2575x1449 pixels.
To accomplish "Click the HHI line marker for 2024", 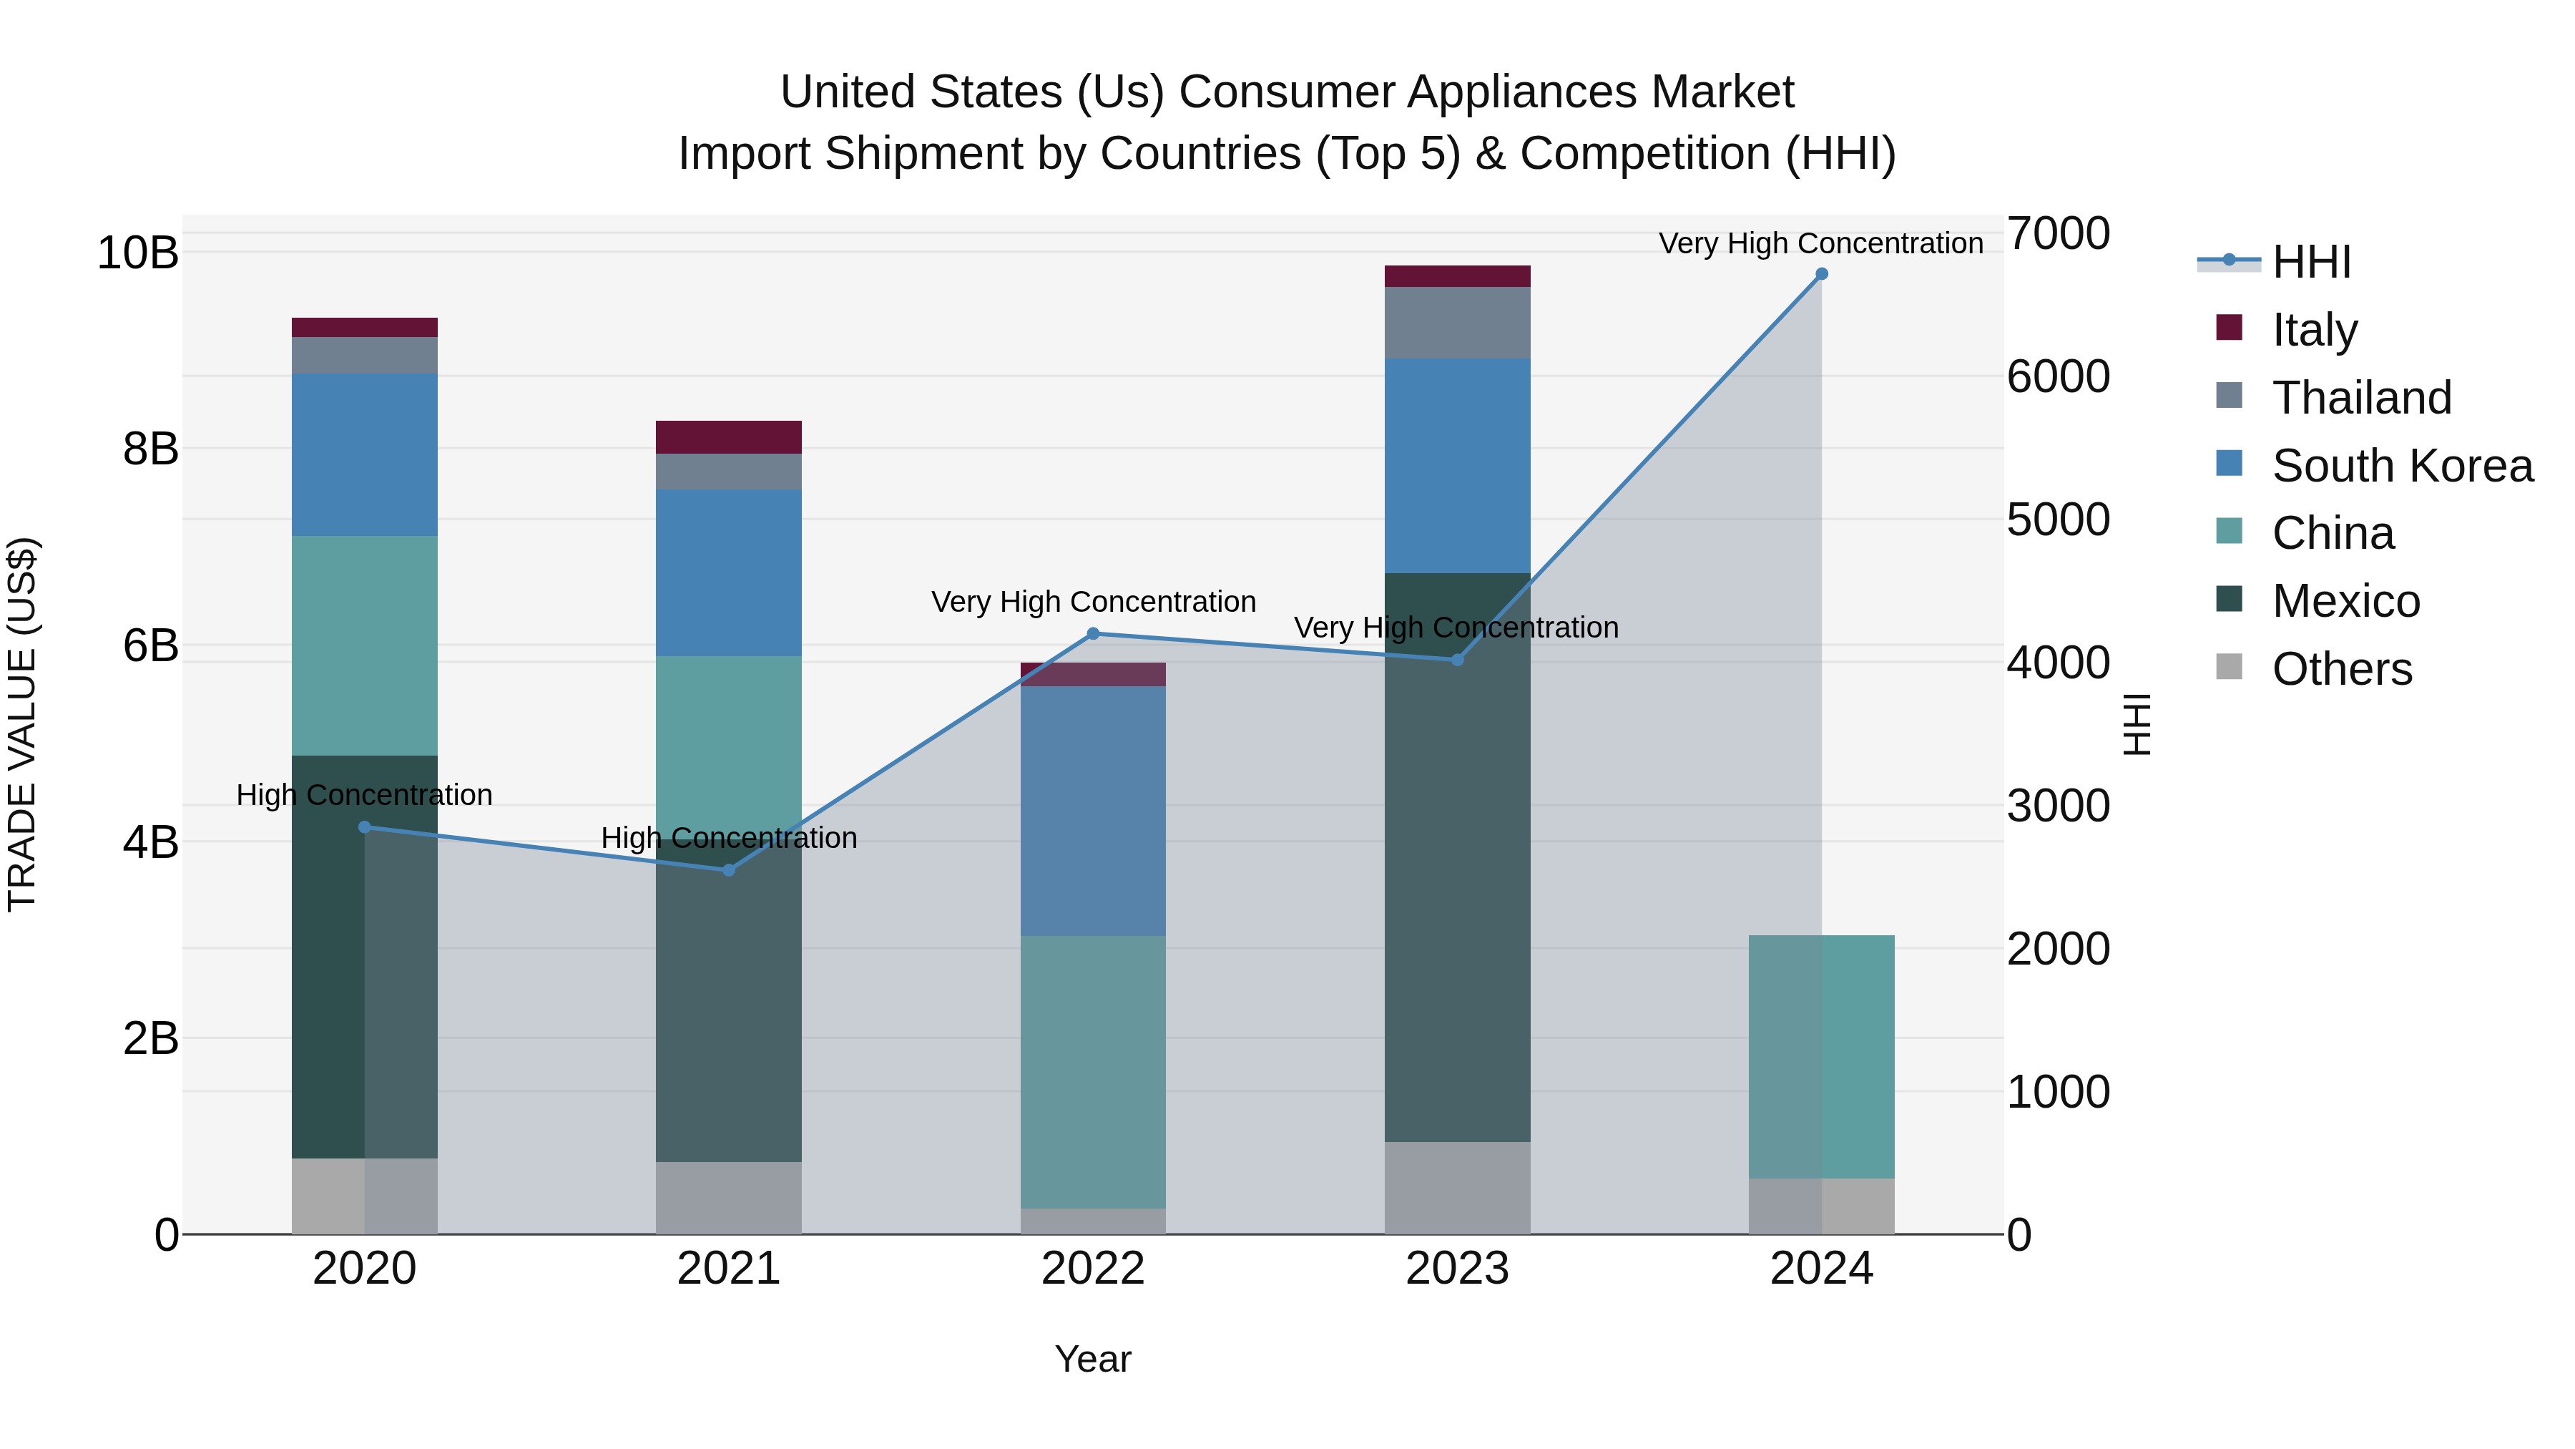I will point(1821,274).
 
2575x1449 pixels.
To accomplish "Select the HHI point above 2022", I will point(1092,633).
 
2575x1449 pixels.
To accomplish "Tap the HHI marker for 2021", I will point(729,870).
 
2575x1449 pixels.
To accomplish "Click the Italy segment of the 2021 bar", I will point(729,437).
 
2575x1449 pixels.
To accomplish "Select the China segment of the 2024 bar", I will point(1821,1056).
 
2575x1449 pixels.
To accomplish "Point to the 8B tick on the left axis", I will point(150,449).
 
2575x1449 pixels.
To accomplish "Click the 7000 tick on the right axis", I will point(2057,233).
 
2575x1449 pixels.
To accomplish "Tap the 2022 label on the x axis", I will point(1092,1269).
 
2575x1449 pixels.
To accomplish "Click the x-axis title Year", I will point(1092,1359).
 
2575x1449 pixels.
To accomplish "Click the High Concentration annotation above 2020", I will point(365,795).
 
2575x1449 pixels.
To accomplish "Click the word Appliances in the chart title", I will point(1522,92).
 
